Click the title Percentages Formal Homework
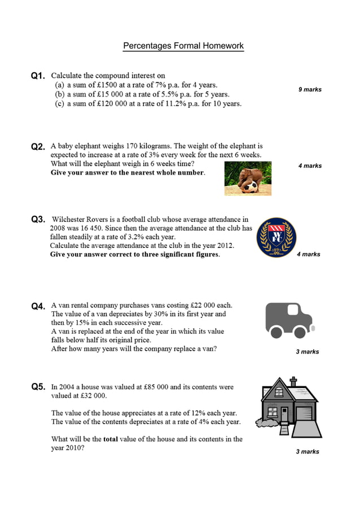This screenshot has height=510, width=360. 183,46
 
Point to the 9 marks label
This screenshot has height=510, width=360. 310,89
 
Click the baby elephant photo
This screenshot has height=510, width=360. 248,178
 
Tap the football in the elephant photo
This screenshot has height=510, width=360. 252,186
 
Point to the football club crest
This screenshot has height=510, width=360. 276,238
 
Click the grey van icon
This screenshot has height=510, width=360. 288,320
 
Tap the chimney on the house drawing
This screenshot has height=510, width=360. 293,382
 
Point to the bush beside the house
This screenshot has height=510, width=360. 265,421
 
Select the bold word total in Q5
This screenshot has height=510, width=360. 111,439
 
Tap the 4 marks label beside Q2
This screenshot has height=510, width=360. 310,165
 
